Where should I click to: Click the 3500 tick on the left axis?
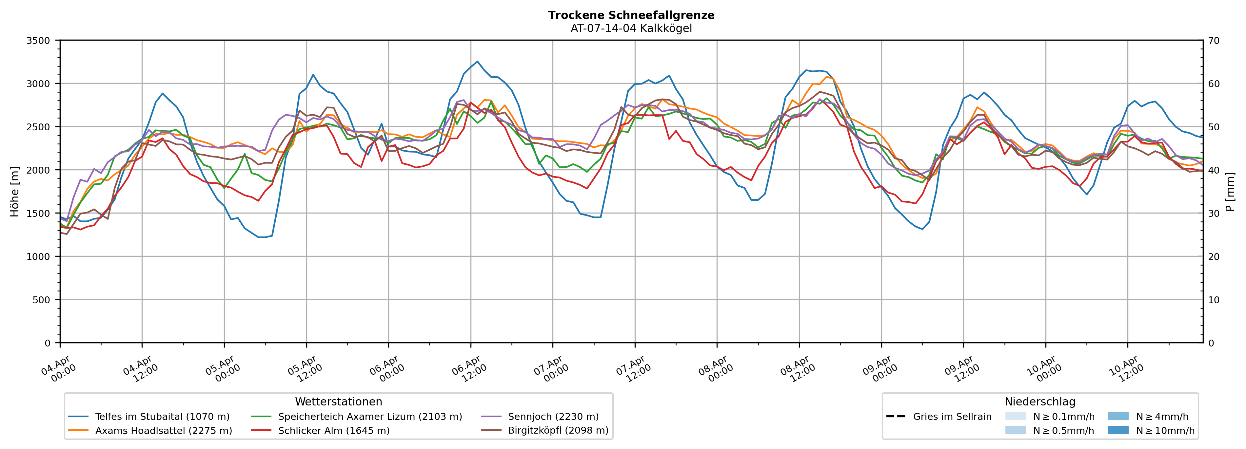click(38, 41)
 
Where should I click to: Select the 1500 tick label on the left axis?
click(38, 214)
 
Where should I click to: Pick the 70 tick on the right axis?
click(1214, 41)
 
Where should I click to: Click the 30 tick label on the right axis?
click(1214, 214)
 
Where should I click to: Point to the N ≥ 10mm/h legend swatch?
click(1118, 430)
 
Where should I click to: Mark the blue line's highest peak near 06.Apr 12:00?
click(477, 61)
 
